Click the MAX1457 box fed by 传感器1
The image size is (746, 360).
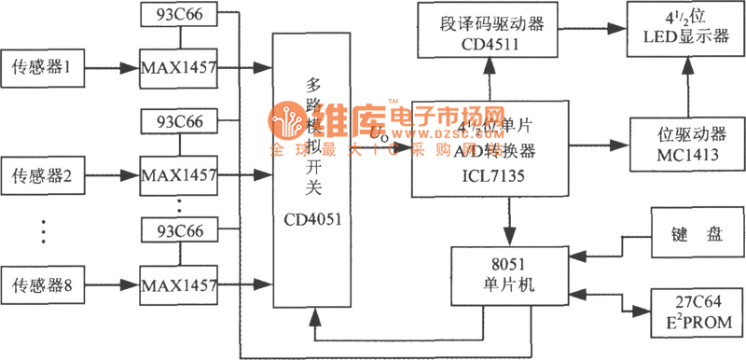point(178,67)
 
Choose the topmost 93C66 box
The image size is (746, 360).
point(177,16)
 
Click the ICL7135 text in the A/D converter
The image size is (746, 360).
point(485,173)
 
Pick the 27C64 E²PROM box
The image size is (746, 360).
point(694,310)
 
